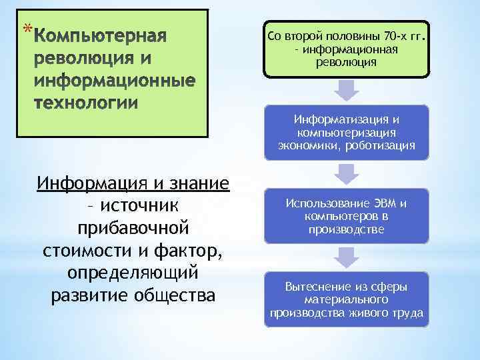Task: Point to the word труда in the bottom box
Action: (411, 313)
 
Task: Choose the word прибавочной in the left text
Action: (133, 229)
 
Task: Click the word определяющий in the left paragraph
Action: (133, 273)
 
